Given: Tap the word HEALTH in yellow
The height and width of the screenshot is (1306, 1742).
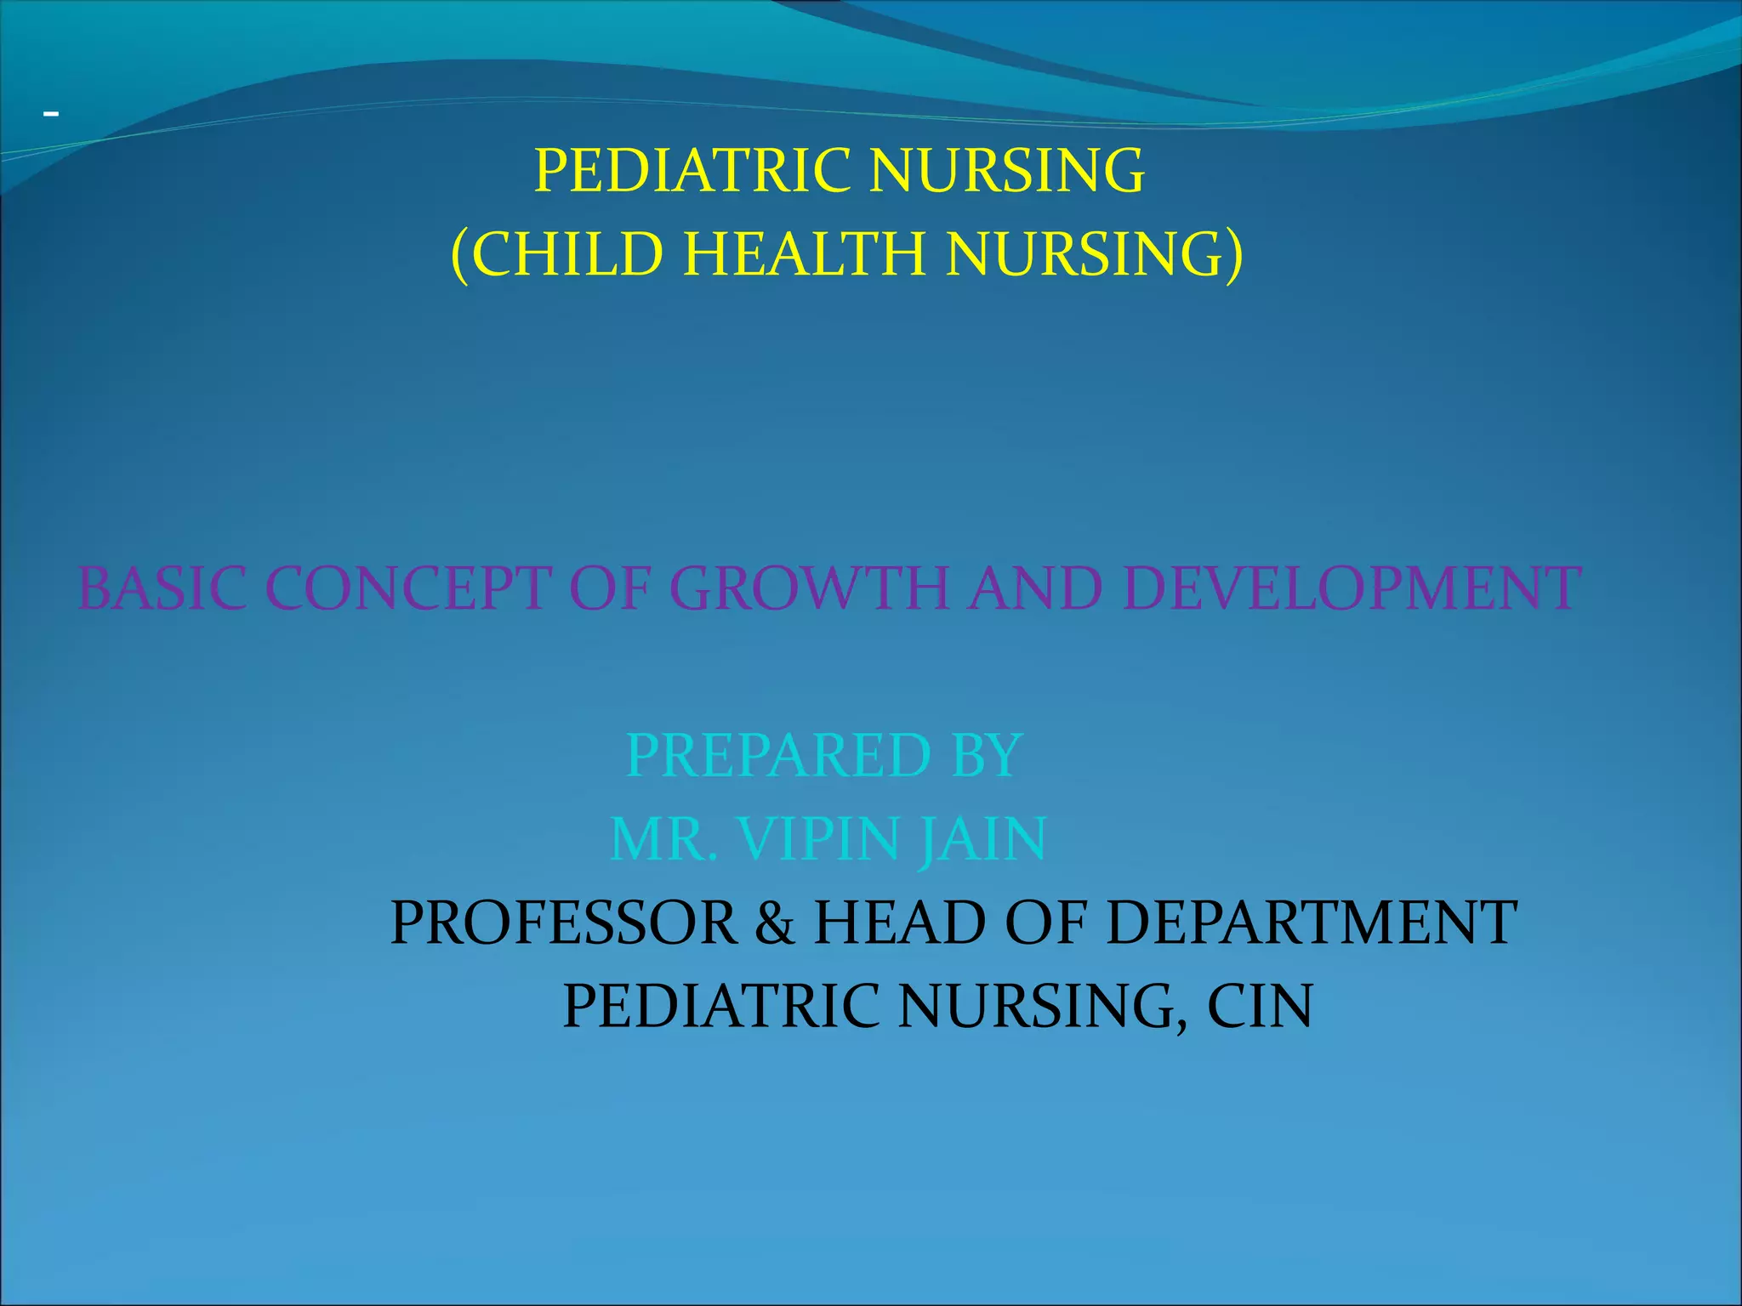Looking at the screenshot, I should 804,254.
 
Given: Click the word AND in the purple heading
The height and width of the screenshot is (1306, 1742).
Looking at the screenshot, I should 1035,588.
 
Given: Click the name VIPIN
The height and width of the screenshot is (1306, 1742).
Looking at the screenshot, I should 818,840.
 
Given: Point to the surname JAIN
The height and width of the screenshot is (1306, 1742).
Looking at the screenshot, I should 982,840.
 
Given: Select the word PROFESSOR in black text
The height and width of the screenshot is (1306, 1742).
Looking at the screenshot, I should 564,923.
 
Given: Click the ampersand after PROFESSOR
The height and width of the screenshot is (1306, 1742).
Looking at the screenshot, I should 775,923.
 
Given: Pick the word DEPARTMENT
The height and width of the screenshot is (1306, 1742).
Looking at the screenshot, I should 1311,923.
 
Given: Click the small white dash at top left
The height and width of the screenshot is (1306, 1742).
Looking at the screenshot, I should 51,113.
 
